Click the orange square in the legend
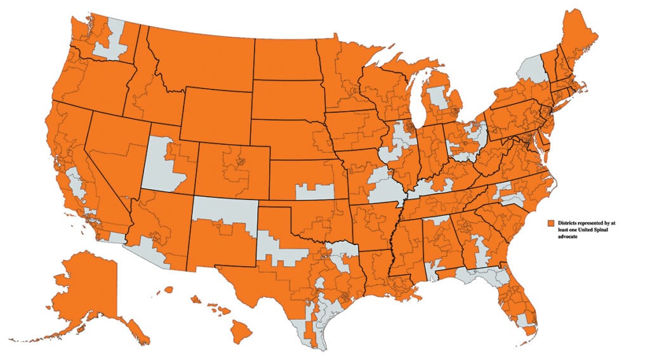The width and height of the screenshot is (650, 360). coord(552,224)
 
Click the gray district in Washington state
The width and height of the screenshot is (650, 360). coord(111,41)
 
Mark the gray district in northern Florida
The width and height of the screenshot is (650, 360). coord(479,276)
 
